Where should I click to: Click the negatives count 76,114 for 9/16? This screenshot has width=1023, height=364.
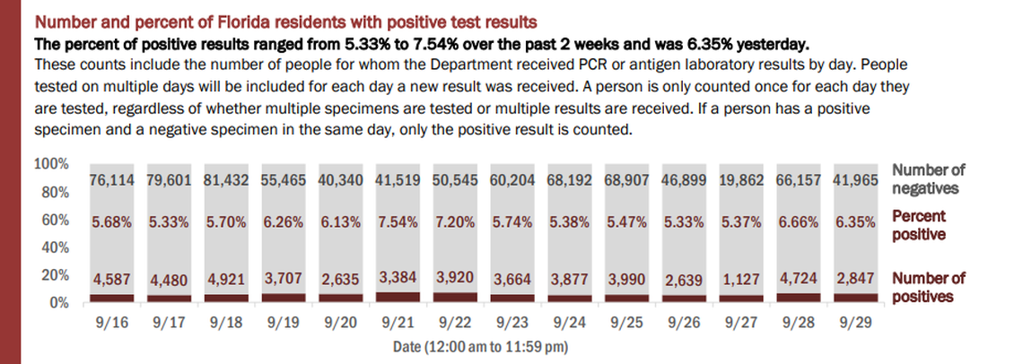click(112, 180)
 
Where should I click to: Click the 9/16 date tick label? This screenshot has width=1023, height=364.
click(112, 318)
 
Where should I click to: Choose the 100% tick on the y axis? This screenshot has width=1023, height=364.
click(50, 164)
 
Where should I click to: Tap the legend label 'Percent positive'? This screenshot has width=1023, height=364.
click(921, 224)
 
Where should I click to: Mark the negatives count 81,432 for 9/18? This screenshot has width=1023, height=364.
click(226, 180)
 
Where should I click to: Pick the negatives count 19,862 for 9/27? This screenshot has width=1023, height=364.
click(741, 180)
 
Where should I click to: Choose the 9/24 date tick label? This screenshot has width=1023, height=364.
click(569, 318)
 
